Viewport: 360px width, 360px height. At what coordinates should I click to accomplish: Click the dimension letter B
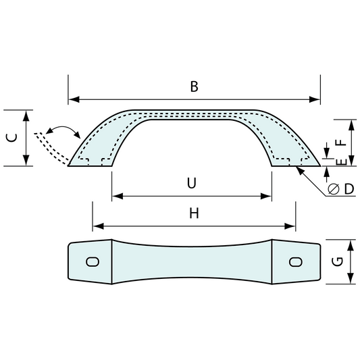click(x=195, y=86)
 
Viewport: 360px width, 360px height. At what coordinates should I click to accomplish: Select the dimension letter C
click(x=11, y=138)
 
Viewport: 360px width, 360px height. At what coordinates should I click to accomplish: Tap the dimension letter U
click(x=192, y=183)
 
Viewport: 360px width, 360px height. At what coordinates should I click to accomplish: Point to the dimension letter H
click(x=194, y=213)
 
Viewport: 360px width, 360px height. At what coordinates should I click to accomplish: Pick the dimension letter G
click(x=338, y=262)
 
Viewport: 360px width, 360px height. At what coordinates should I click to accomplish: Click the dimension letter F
click(x=341, y=143)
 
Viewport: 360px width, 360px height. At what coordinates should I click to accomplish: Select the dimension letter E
click(x=342, y=161)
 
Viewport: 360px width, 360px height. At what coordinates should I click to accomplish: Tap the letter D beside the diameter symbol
click(x=349, y=189)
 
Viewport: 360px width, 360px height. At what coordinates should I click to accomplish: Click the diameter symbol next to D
click(x=334, y=189)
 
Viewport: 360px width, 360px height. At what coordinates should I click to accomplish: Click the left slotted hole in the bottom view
click(x=93, y=262)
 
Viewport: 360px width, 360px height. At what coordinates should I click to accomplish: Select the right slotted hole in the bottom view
click(x=295, y=262)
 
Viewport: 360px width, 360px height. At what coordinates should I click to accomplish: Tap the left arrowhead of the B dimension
click(x=74, y=99)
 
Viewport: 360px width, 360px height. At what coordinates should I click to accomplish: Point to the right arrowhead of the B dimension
click(x=314, y=99)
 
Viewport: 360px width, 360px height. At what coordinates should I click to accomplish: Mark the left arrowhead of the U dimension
click(x=118, y=196)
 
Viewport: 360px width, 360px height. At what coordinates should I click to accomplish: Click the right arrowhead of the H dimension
click(x=290, y=226)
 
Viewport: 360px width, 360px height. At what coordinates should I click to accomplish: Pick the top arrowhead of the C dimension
click(x=26, y=115)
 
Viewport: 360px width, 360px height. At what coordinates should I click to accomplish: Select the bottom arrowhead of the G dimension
click(x=350, y=278)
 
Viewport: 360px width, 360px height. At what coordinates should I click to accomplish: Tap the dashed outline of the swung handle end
click(x=51, y=149)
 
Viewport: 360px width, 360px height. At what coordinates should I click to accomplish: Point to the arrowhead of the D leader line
click(x=300, y=170)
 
